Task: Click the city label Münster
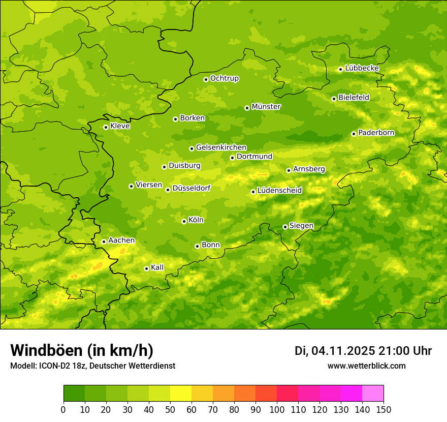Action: [266, 107]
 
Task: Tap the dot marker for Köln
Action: [184, 221]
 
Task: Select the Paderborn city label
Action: [376, 133]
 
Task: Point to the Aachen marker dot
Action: [104, 242]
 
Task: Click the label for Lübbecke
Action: [362, 68]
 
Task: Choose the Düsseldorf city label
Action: [191, 188]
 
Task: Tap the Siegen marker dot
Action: [285, 227]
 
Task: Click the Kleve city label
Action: [120, 126]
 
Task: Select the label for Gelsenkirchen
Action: [221, 147]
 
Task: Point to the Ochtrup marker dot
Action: [206, 79]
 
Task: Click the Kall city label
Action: [157, 267]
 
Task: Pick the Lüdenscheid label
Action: [279, 191]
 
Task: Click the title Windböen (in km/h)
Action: [82, 350]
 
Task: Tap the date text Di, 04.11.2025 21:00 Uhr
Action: [363, 351]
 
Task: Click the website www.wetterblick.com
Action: [367, 366]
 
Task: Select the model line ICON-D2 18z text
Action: [92, 366]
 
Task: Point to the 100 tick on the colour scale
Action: [277, 409]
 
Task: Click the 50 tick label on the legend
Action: [170, 409]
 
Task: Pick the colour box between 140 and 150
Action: [373, 394]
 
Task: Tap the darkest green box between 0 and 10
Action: [74, 394]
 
